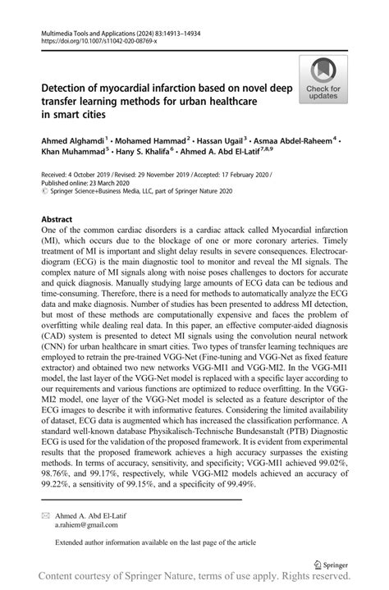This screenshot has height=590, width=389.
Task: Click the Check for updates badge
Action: coord(324,79)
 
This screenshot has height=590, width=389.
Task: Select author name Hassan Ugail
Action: coord(222,142)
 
